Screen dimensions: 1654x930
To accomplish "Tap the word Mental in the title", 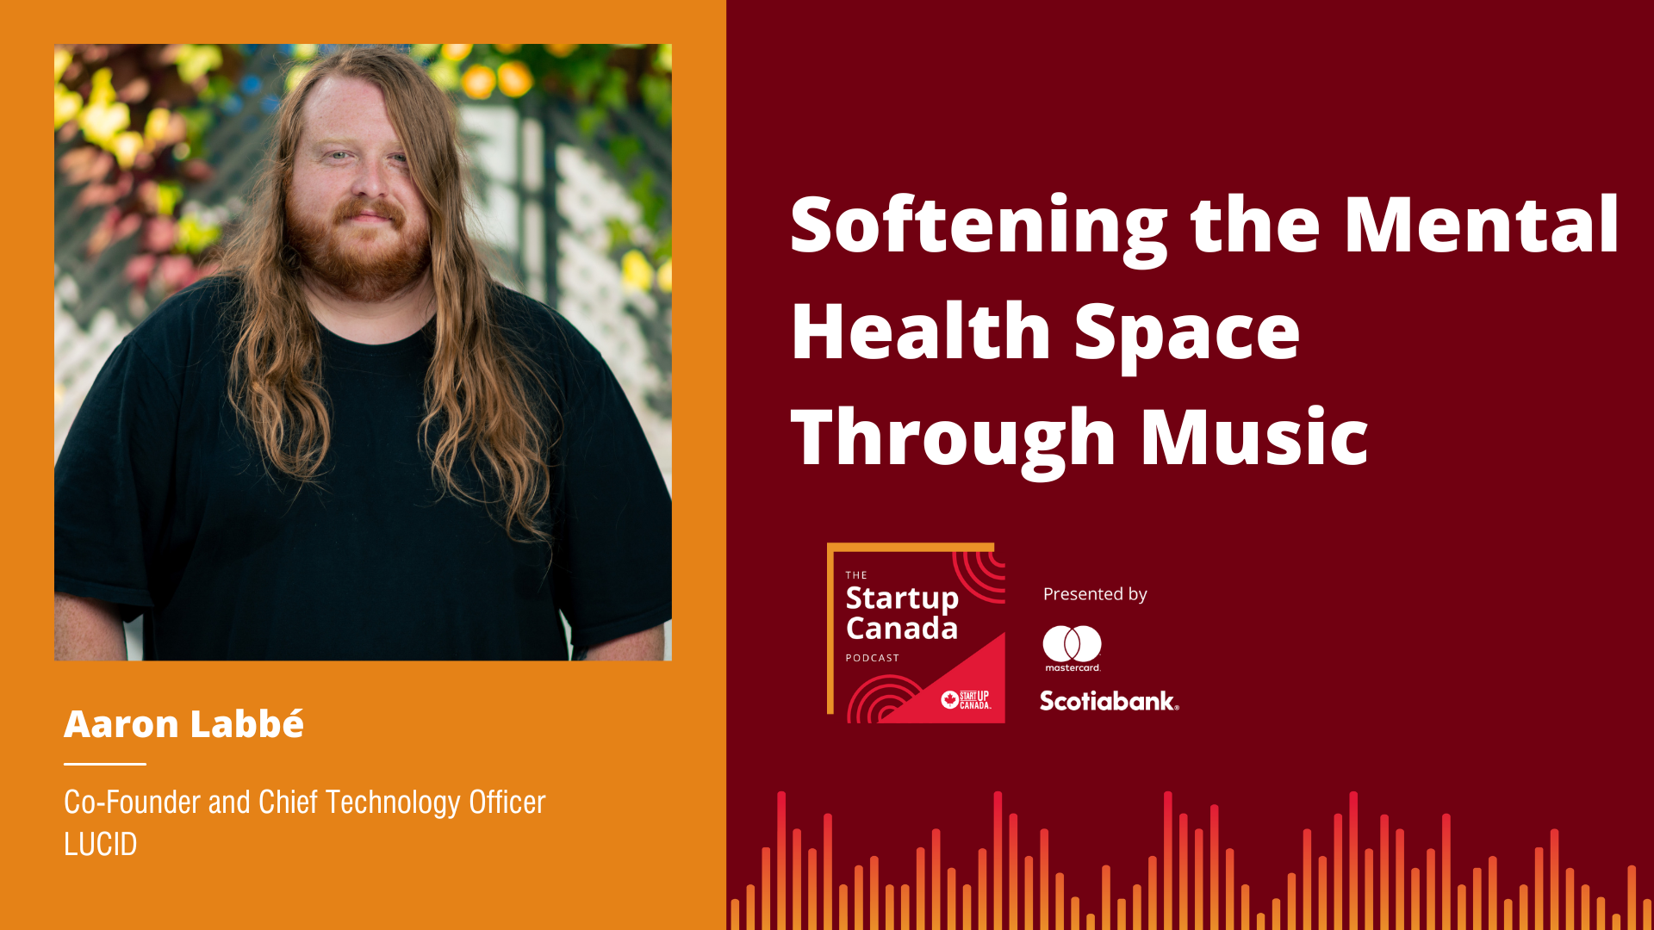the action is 1482,225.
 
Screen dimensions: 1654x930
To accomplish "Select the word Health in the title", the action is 920,331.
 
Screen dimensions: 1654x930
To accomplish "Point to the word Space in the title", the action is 1187,337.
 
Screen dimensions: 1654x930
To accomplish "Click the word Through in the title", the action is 954,440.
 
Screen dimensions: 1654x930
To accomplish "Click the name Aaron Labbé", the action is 183,724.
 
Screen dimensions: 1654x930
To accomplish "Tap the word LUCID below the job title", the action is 101,845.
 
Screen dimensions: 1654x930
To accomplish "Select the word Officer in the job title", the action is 507,803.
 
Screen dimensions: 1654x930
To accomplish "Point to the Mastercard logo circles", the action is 1073,643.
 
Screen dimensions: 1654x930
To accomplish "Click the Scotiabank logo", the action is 1110,701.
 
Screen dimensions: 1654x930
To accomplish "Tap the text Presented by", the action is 1095,594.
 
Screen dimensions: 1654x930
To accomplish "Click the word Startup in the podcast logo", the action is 902,598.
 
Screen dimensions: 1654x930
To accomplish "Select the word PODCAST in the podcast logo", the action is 873,658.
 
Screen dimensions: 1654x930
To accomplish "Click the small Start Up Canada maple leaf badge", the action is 950,699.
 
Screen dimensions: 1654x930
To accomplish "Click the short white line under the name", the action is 105,764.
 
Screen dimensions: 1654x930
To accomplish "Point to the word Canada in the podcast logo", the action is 902,629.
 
